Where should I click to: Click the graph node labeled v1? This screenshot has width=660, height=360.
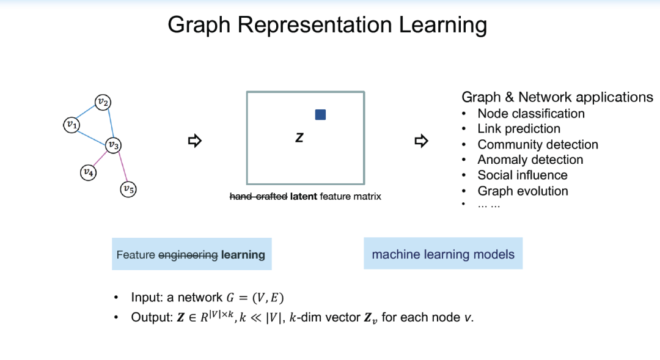tap(71, 125)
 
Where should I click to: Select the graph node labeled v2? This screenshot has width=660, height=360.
tap(103, 102)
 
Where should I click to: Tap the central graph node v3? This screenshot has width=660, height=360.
tap(112, 145)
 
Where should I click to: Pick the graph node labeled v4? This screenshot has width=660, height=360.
tap(88, 173)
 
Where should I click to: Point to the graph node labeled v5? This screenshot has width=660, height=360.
tap(128, 189)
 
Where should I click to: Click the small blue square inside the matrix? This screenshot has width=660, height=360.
tap(320, 115)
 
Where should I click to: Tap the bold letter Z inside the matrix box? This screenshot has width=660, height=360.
tap(299, 139)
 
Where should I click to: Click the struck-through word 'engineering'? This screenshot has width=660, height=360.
tap(188, 255)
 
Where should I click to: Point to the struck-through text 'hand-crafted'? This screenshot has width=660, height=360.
tap(258, 197)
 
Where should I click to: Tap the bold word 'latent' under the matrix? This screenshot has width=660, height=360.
tap(302, 197)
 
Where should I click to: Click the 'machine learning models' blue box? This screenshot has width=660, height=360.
tap(443, 254)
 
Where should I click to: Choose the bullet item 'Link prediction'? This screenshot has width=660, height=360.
tap(519, 129)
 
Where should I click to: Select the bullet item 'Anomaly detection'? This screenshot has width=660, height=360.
tap(530, 160)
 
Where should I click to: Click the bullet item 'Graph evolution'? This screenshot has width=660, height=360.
tap(522, 191)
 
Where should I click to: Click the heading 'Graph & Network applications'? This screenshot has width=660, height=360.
tap(557, 97)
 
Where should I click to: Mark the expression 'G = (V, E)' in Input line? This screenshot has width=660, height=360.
tap(255, 298)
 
